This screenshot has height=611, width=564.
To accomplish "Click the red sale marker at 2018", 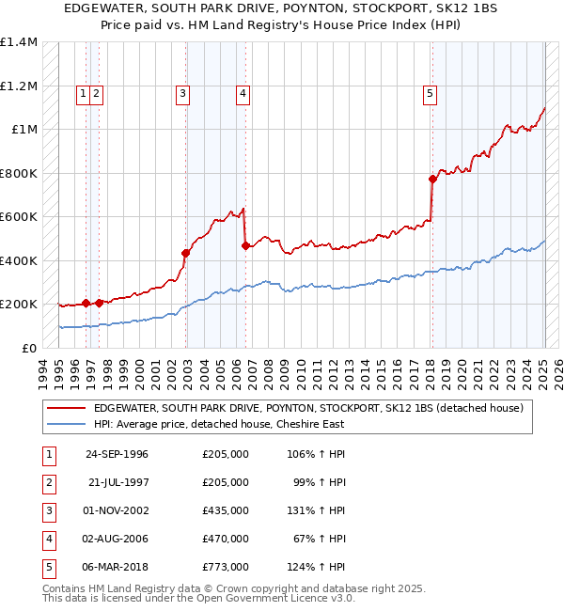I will [432, 179].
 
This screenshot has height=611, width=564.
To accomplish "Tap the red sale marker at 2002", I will [186, 253].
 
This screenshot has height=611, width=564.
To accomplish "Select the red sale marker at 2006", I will [245, 245].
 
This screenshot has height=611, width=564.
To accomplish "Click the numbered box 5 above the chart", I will [430, 93].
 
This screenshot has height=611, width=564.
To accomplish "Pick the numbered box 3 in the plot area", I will [181, 93].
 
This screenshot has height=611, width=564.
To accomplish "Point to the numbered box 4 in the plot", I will [243, 93].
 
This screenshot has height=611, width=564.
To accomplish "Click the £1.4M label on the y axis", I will [19, 42].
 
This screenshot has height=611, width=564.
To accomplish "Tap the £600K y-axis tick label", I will [19, 217].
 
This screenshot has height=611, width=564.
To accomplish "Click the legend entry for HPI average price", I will [219, 424].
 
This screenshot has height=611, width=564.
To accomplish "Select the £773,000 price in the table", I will [226, 567].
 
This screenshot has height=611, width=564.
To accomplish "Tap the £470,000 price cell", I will [226, 539].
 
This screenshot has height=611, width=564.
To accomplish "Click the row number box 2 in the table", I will [47, 482].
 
